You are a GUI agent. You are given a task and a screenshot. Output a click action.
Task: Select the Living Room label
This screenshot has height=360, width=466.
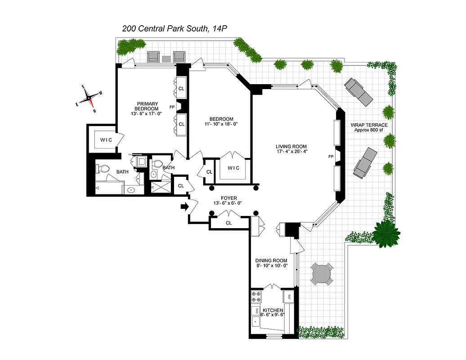coord(291,146)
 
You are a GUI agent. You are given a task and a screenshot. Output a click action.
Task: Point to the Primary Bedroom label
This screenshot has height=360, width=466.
coord(148,106)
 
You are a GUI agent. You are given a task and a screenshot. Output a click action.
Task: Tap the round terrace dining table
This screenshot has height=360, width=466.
coord(321,274)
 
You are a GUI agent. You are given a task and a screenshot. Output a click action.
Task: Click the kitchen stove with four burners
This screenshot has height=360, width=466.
coord(257,297)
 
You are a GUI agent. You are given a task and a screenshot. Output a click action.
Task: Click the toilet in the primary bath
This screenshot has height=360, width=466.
coord(103,169)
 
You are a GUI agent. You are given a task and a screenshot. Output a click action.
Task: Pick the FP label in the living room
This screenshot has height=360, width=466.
coord(331,157)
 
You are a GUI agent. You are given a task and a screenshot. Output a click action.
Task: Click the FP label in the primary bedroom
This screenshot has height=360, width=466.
coord(171,108)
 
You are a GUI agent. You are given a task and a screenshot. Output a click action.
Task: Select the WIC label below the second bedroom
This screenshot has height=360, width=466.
coord(233,168)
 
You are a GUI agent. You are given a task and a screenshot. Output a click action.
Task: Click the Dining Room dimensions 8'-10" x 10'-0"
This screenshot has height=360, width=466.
coord(271,266)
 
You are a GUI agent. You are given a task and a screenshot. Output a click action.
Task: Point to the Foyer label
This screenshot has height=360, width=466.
coord(229,198)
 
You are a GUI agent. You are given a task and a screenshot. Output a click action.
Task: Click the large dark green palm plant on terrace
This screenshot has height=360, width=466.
coord(385,234)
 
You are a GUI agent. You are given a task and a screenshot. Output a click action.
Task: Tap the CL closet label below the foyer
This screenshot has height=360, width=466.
coord(229,223)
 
